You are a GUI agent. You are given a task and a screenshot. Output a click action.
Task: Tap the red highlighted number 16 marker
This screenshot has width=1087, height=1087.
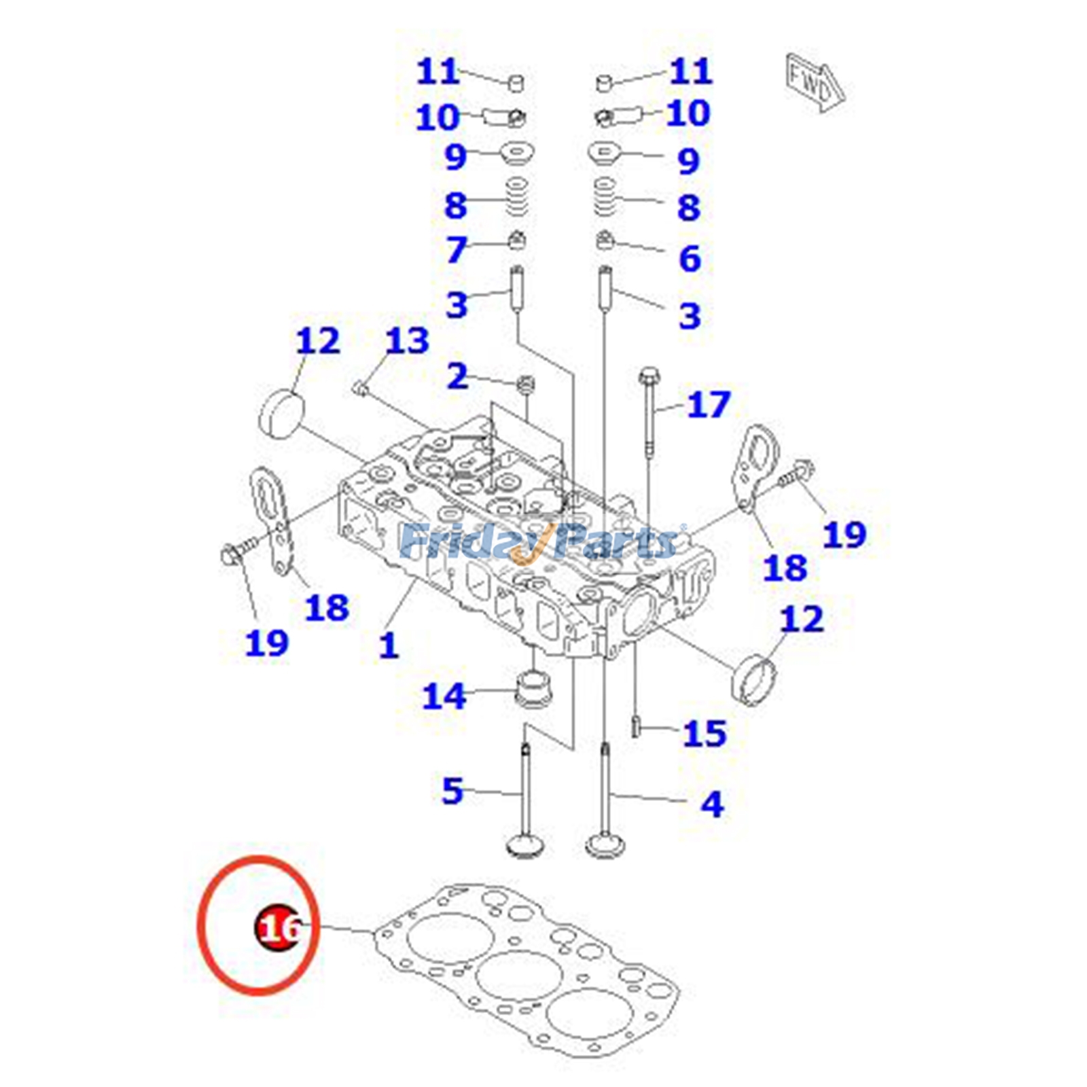coord(278,927)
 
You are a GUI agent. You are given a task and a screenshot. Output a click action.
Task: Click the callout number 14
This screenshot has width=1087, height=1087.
coord(444,696)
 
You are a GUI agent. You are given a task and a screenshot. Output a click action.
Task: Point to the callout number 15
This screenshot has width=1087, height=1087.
coord(705,734)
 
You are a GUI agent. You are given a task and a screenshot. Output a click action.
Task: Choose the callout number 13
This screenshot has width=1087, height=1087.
coord(407,341)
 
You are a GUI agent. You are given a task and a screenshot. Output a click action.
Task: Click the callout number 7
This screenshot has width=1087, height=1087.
coord(457,249)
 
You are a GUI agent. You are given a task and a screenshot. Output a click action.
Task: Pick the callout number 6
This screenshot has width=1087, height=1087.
coord(690,258)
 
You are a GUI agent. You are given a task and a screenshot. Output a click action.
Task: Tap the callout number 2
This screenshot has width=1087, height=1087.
coord(457,376)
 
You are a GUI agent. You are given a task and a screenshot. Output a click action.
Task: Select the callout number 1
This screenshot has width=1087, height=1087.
coord(388,645)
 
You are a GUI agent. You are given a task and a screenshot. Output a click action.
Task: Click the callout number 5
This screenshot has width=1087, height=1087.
coord(452,791)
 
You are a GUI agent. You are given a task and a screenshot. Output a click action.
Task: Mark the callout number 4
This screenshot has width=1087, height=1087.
coord(711,804)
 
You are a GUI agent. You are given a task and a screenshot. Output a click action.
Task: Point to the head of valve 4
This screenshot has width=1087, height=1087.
coord(605,847)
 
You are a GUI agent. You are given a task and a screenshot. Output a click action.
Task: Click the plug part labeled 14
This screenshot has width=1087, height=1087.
coord(534,688)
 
